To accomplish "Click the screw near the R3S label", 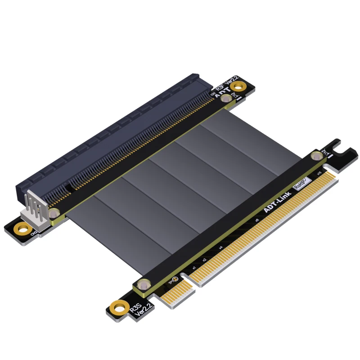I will tap(143, 284).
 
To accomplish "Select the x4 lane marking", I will tap(220, 248).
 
